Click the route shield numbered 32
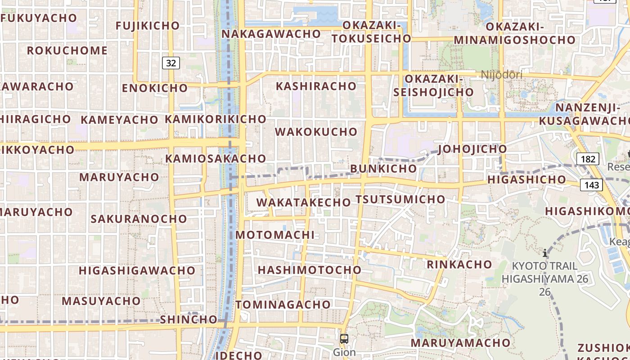(171, 63)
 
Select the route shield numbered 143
(592, 184)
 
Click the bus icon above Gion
(344, 339)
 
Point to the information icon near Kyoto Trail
(545, 253)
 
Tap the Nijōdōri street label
(502, 75)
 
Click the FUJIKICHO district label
(148, 26)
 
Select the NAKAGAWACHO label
(271, 34)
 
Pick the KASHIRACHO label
(316, 86)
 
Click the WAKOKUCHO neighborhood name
(316, 132)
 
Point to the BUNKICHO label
(383, 169)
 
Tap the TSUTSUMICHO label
(400, 199)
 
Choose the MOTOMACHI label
(275, 235)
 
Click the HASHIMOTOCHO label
(310, 270)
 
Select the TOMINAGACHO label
(283, 305)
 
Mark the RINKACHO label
(459, 264)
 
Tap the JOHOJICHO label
(472, 149)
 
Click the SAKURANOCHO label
(139, 219)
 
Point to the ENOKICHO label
(154, 88)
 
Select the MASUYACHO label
(101, 301)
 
